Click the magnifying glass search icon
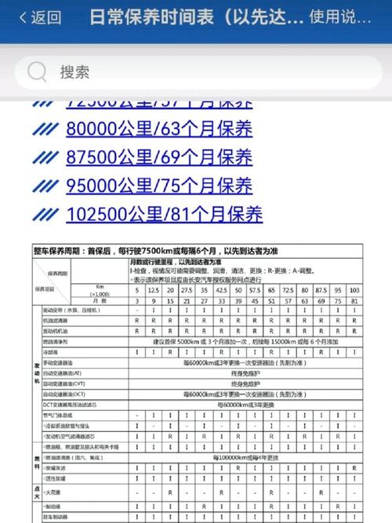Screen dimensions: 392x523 tap(37, 72)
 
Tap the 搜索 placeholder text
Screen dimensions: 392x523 tap(75, 72)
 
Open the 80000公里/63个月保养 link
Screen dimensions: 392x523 tap(159, 129)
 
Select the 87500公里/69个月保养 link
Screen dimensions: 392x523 tap(159, 157)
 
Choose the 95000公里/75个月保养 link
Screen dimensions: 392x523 tap(159, 185)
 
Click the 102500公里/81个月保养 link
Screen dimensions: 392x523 tap(165, 213)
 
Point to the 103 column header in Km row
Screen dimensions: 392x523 tap(354, 290)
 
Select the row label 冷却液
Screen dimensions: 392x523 tap(52, 352)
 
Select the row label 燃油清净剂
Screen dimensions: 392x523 tap(59, 342)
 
